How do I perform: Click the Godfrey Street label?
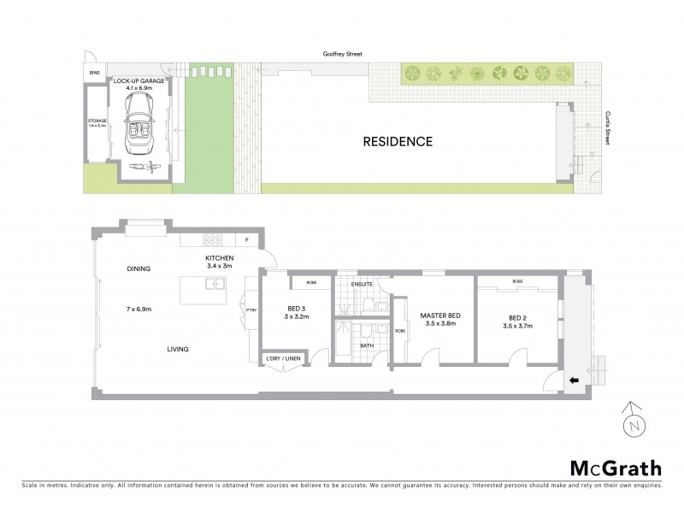(x=343, y=55)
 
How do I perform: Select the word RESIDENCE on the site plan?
(x=398, y=142)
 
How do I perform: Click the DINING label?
(x=138, y=268)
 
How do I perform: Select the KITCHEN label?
(x=219, y=259)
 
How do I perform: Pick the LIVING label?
(x=176, y=349)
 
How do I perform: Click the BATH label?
(x=366, y=345)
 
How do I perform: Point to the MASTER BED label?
(x=437, y=316)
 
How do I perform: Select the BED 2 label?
(x=515, y=318)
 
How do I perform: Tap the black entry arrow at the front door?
(x=574, y=380)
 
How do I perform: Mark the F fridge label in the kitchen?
(x=247, y=239)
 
